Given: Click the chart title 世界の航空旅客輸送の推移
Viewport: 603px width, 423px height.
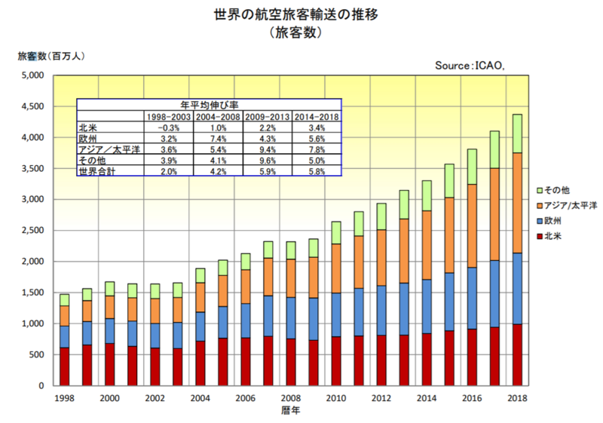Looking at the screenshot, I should [x=301, y=15].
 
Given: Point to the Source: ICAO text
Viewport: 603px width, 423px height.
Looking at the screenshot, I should [x=469, y=66].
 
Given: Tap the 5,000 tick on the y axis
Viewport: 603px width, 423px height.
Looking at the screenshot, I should [x=34, y=75].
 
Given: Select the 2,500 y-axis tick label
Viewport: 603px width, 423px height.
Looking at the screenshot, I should [x=34, y=231].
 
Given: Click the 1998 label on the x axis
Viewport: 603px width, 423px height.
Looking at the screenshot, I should [x=64, y=398].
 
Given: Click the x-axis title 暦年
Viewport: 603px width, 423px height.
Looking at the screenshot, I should [x=291, y=412].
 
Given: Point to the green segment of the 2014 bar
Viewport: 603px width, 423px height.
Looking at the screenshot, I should [x=426, y=195].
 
